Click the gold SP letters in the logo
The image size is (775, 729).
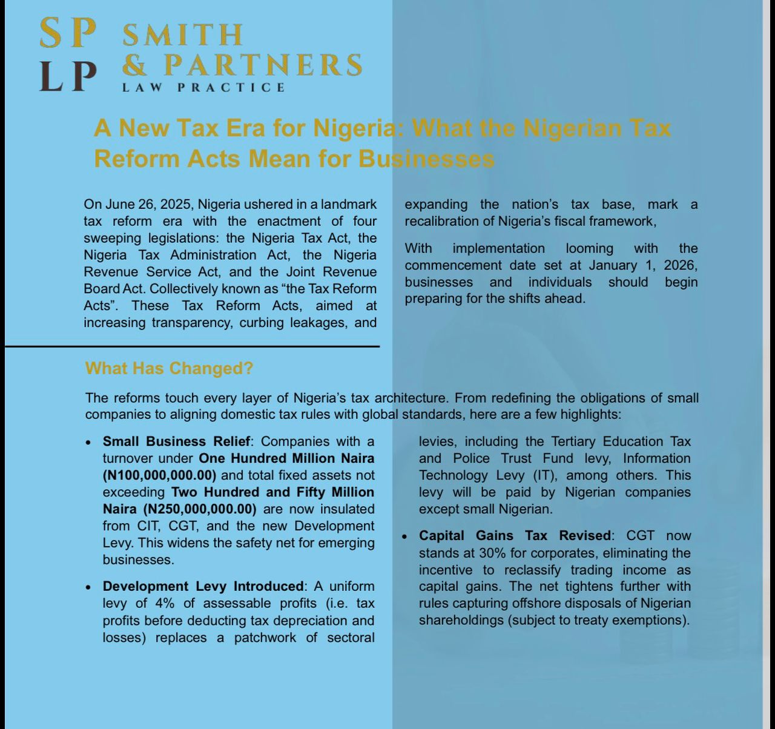pos(68,34)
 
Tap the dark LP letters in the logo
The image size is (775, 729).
pos(68,76)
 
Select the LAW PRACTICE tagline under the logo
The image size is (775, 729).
pos(203,87)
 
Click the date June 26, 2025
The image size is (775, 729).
pos(147,204)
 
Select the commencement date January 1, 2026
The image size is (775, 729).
pos(643,265)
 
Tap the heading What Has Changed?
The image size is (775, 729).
pos(169,368)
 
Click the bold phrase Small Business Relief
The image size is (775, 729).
pos(176,441)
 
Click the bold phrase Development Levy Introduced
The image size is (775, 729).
pos(203,586)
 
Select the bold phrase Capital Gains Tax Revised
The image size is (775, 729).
pos(515,535)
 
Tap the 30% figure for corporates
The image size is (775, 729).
pos(494,552)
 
